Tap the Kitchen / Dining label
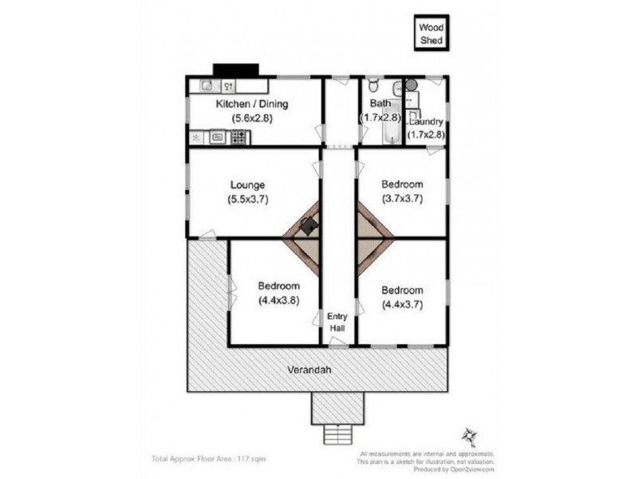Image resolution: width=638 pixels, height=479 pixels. pyautogui.click(x=252, y=104)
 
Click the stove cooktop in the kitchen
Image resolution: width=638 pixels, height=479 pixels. pyautogui.click(x=238, y=137)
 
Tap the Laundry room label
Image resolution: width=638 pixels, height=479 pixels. pyautogui.click(x=427, y=121)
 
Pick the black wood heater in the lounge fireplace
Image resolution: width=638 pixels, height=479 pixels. pyautogui.click(x=307, y=226)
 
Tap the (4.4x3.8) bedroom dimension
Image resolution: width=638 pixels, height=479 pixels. pyautogui.click(x=278, y=301)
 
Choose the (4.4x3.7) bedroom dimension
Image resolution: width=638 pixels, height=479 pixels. pyautogui.click(x=402, y=304)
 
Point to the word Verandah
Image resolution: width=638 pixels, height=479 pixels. pyautogui.click(x=311, y=370)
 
